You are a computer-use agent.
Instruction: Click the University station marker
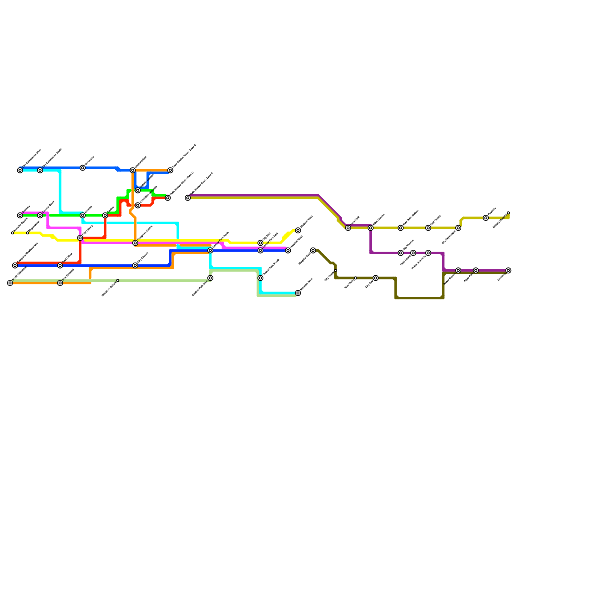[x=83, y=168]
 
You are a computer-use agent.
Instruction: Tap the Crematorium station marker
[x=133, y=171]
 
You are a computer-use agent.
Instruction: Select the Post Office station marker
[x=60, y=266]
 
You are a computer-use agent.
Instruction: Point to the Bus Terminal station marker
[x=60, y=283]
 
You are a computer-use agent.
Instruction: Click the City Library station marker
[x=80, y=238]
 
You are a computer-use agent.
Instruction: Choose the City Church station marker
[x=135, y=266]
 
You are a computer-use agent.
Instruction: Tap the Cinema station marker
[x=83, y=215]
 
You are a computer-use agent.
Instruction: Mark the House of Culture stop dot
[x=118, y=280]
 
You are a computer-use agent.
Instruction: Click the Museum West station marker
[x=298, y=293]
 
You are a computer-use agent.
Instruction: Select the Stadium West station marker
[x=298, y=230]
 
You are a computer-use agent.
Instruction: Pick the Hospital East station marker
[x=313, y=251]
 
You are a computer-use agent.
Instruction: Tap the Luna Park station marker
[x=348, y=228]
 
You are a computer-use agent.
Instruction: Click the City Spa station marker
[x=376, y=278]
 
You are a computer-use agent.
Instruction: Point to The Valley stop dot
[x=356, y=278]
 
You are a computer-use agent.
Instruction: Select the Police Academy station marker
[x=428, y=253]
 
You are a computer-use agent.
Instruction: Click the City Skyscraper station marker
[x=458, y=228]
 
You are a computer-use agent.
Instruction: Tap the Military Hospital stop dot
[x=508, y=213]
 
